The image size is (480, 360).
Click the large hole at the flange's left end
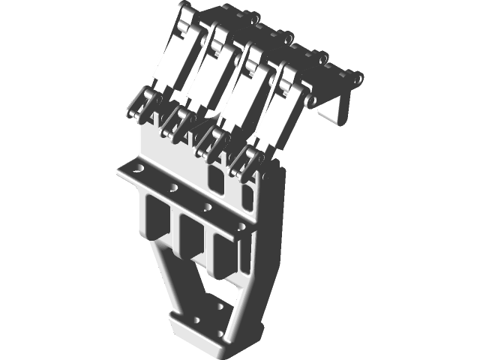(x=136, y=171)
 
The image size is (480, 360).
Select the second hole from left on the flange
(x=173, y=188)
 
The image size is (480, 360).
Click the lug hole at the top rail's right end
(x=358, y=78)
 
